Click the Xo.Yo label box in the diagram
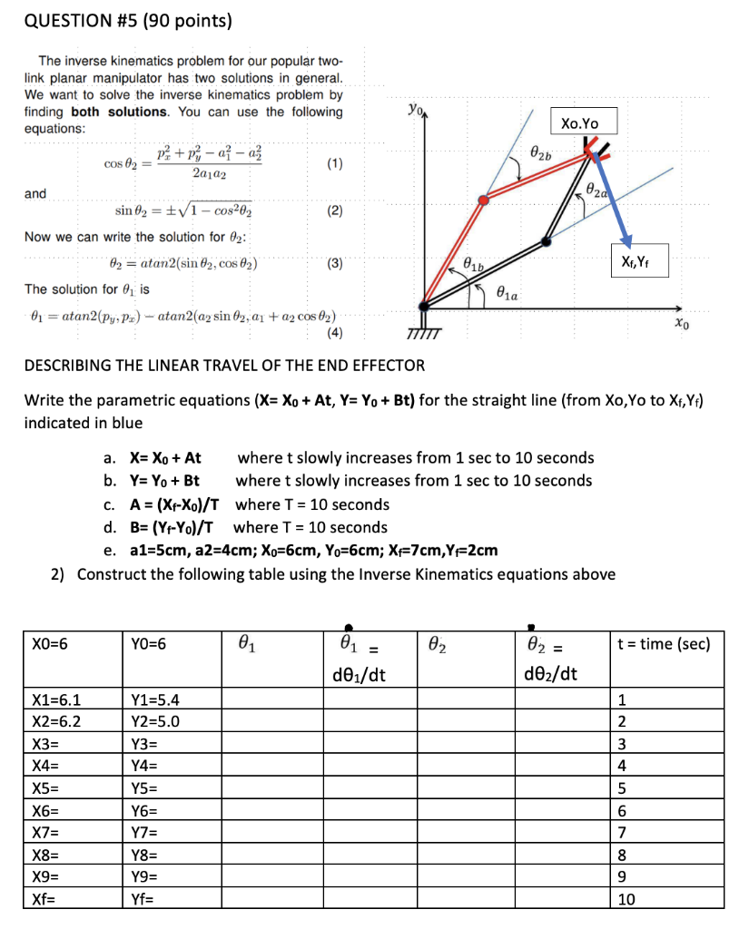coord(580,122)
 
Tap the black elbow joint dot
coord(545,241)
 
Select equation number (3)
coord(334,265)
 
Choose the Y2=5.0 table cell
coord(155,722)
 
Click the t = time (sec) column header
coord(663,644)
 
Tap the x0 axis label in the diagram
coord(682,322)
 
